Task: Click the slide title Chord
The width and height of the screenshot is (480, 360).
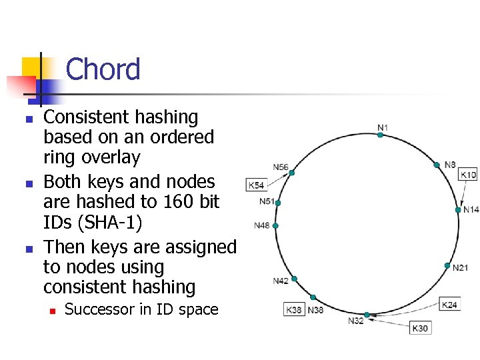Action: click(103, 69)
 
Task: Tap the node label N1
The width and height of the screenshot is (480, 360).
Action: click(383, 127)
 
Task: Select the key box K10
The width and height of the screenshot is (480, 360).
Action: click(469, 175)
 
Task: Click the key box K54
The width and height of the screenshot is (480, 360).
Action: click(256, 185)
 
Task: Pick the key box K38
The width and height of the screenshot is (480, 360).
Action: click(294, 310)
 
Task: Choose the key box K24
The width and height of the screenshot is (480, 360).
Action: click(450, 305)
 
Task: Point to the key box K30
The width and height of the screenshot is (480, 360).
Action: click(420, 328)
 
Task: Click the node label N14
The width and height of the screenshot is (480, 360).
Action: click(471, 209)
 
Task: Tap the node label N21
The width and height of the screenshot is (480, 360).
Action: click(460, 268)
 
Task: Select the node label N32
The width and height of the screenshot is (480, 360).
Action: click(356, 321)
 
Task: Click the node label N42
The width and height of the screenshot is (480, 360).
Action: click(281, 281)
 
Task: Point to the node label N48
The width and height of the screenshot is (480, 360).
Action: click(262, 225)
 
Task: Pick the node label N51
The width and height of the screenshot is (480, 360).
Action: click(267, 201)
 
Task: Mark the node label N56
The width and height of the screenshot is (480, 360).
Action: click(281, 167)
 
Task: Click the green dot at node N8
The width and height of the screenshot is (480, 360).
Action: click(437, 165)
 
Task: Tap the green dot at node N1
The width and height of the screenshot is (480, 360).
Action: click(380, 135)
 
